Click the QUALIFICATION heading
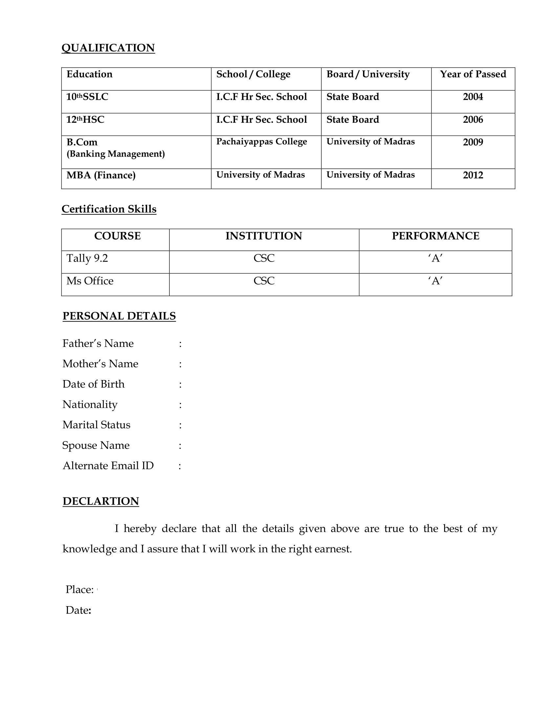[x=108, y=48]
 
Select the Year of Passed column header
[x=473, y=74]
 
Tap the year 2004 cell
[x=473, y=97]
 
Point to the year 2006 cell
[x=473, y=120]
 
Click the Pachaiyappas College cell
[x=262, y=142]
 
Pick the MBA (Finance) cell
[x=101, y=175]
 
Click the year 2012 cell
[x=473, y=175]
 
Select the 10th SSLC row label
[x=87, y=97]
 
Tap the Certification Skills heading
[x=109, y=209]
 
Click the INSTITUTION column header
[x=264, y=236]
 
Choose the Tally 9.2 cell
[x=87, y=258]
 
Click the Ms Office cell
[x=90, y=281]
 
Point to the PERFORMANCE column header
[x=435, y=236]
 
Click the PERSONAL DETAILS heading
[x=119, y=316]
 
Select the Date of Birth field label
[x=94, y=384]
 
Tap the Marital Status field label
[x=96, y=425]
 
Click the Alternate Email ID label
[x=108, y=466]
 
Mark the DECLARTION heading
[x=101, y=501]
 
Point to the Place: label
[x=80, y=589]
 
